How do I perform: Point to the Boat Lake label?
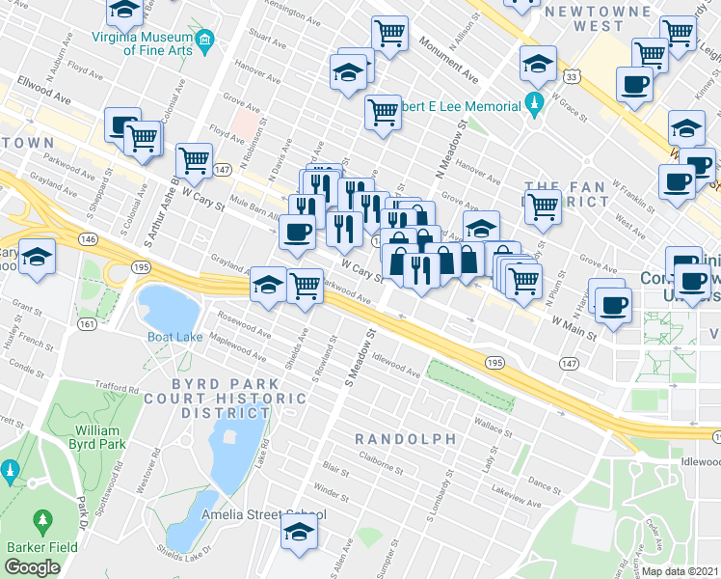[174, 337]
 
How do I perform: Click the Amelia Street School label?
[262, 514]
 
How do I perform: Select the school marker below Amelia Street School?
[299, 533]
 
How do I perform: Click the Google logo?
[32, 567]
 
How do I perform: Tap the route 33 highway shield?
[573, 76]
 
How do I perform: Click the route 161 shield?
[86, 325]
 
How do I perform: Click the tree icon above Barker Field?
[41, 521]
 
